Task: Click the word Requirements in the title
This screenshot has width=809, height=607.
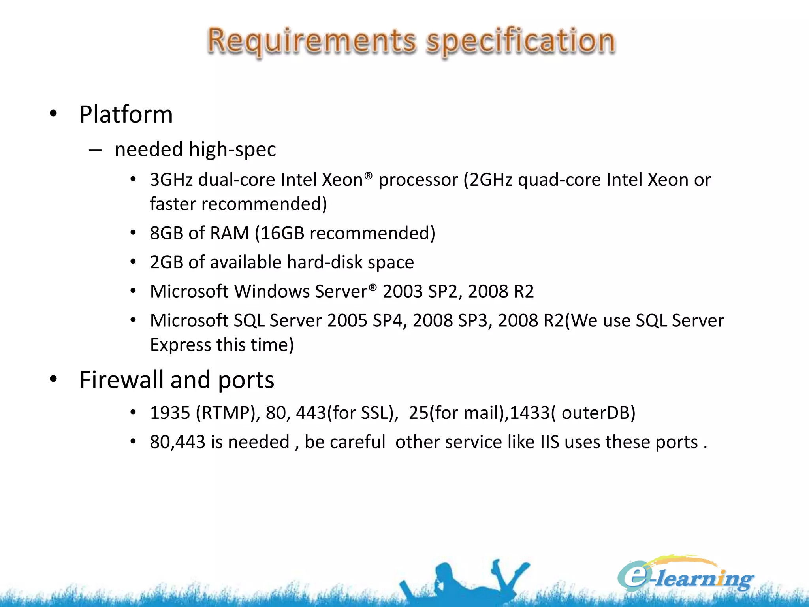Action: coord(312,41)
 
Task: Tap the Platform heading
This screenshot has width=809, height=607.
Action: coord(126,115)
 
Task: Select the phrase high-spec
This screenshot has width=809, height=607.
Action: coord(232,149)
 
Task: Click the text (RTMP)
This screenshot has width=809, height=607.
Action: coord(228,413)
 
